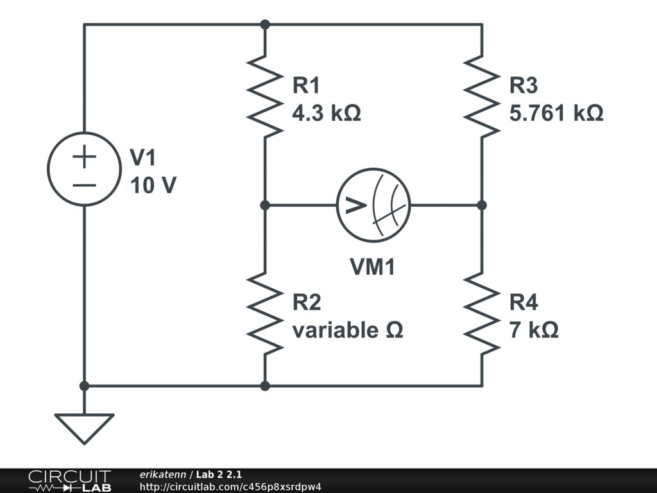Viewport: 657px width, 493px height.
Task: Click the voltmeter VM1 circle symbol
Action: (373, 205)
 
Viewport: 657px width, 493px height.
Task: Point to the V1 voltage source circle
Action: (84, 169)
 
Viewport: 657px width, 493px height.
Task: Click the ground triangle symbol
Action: (84, 428)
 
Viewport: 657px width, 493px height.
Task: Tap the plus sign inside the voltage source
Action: (84, 155)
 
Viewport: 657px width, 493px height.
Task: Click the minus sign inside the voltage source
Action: (84, 185)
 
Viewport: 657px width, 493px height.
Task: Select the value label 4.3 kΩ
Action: (326, 114)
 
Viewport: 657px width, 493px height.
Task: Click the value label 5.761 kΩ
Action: (556, 114)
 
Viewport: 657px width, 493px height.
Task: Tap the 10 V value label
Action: (153, 186)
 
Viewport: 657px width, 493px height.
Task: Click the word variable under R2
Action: (335, 331)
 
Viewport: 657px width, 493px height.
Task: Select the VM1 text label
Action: (372, 267)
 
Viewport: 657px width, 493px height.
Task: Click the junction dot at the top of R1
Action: (265, 24)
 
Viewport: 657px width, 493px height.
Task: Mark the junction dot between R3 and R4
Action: (482, 205)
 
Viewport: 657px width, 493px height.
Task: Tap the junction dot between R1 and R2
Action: (265, 205)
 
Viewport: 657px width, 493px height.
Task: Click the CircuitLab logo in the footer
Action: (69, 480)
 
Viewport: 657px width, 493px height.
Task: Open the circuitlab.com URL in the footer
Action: (230, 487)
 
